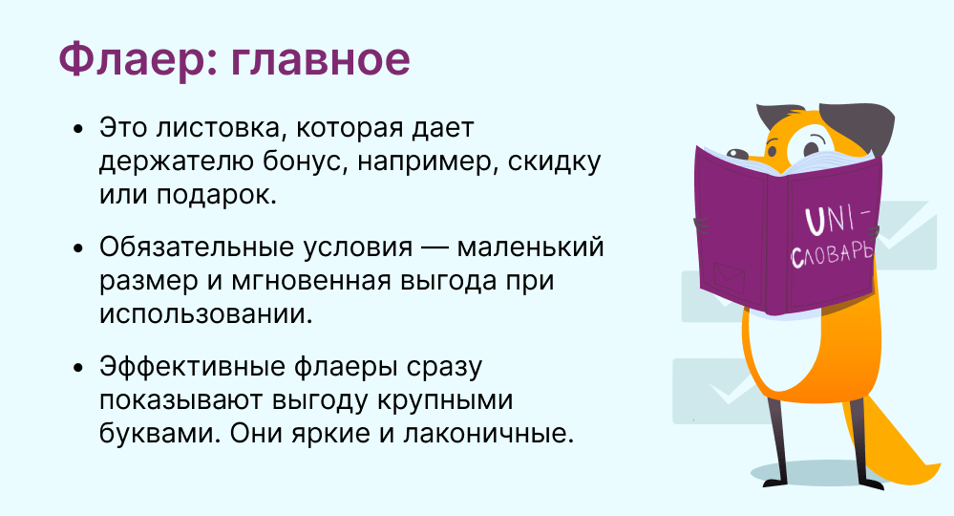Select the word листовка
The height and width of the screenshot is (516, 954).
(217, 128)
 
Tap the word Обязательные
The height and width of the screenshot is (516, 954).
(197, 247)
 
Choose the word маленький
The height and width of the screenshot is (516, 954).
(530, 247)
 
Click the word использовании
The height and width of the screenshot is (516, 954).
(205, 314)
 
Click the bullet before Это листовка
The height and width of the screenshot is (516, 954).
(77, 130)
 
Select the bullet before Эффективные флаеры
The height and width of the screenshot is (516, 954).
(77, 368)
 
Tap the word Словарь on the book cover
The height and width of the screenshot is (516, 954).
(833, 253)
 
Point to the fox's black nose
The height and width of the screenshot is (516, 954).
(736, 153)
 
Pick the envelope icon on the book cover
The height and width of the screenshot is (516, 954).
(729, 277)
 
